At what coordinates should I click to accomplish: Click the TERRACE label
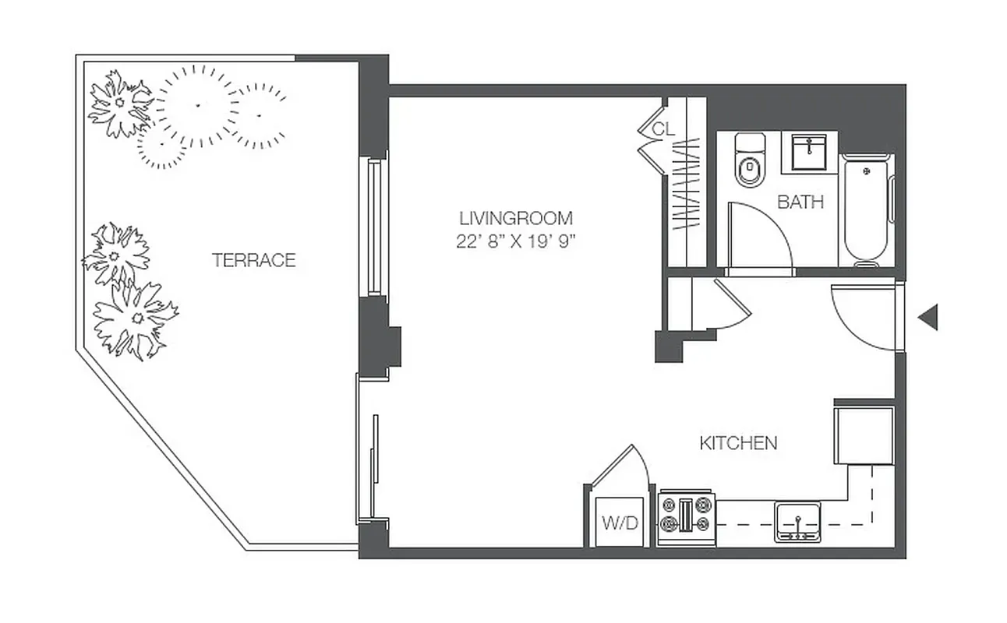[253, 260]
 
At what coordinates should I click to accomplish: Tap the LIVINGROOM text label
[515, 218]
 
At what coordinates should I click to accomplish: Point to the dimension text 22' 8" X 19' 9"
[515, 241]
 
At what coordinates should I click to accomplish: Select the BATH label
[800, 202]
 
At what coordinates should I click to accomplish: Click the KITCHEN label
[737, 443]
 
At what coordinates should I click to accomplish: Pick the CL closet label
[663, 129]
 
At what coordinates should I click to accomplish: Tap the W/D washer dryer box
[620, 522]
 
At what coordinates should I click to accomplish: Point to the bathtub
[867, 209]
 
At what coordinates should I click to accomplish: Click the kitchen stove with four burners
[686, 517]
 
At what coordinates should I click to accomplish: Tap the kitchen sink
[797, 521]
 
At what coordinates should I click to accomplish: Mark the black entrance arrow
[927, 317]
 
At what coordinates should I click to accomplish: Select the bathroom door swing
[761, 234]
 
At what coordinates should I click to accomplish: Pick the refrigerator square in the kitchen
[863, 435]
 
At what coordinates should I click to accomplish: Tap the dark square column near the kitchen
[669, 347]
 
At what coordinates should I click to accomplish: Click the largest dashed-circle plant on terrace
[197, 106]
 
